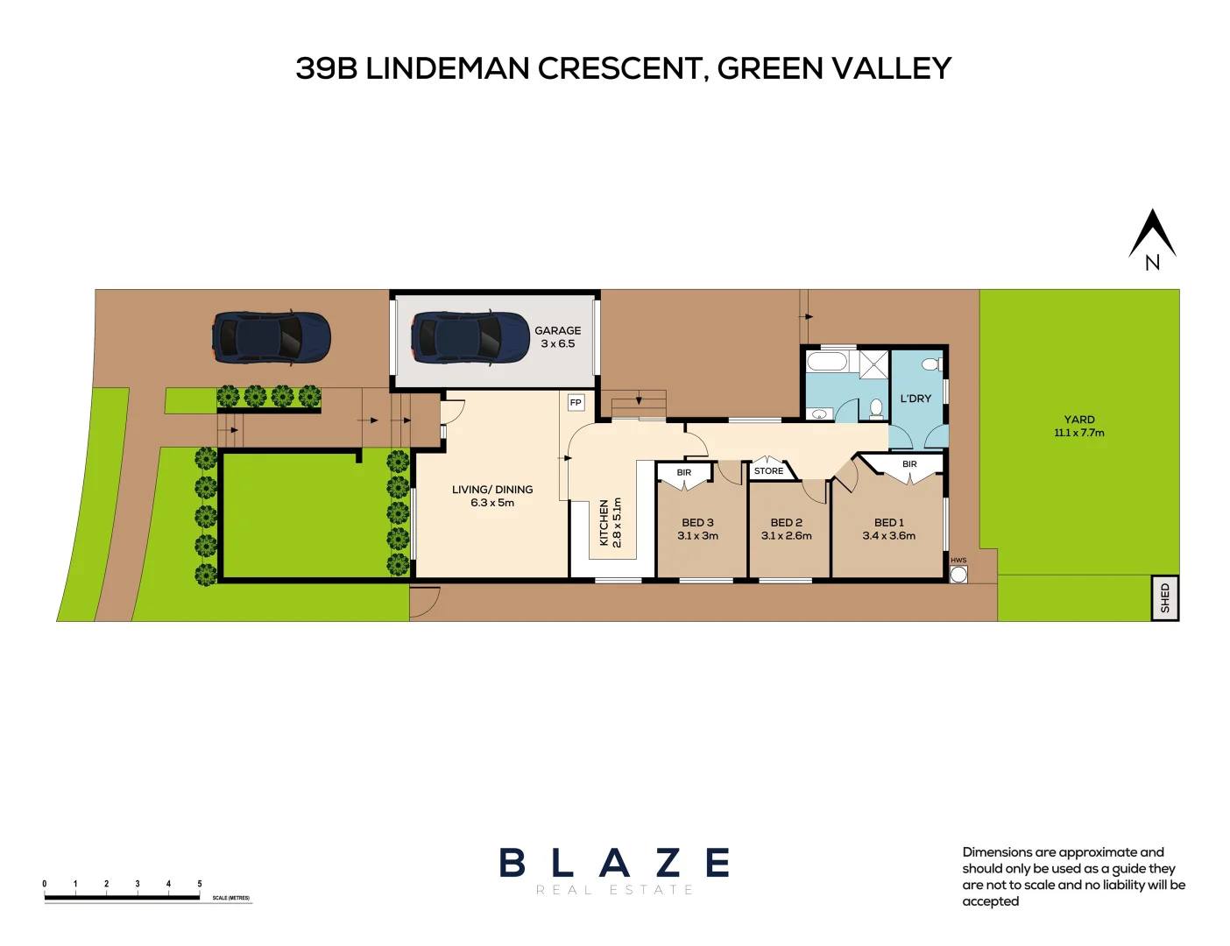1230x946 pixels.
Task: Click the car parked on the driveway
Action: [271, 337]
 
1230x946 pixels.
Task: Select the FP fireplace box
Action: [576, 403]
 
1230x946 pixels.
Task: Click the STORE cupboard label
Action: [768, 471]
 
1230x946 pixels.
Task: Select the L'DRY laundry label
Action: [915, 399]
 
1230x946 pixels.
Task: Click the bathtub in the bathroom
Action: [827, 362]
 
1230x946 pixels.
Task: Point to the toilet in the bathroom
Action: [875, 408]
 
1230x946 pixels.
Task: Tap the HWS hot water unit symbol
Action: [958, 575]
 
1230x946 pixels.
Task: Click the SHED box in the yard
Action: [1164, 598]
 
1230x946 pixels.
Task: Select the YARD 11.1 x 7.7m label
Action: [1078, 426]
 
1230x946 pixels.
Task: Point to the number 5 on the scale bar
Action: [200, 884]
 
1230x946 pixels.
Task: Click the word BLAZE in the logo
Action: [614, 864]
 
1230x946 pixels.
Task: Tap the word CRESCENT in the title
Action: [622, 68]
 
